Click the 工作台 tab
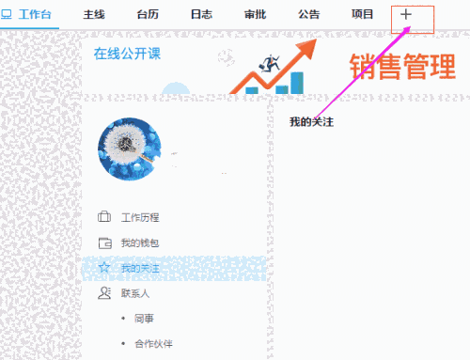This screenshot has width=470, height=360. [x=29, y=14]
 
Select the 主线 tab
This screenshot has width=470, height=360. [x=94, y=14]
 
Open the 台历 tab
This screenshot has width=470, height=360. [x=148, y=14]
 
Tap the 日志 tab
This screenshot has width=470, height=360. [x=201, y=14]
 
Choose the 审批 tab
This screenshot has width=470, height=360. [x=255, y=14]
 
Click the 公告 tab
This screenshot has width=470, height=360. [x=308, y=14]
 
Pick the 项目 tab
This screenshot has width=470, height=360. [x=362, y=14]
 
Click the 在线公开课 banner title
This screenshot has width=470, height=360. [x=127, y=54]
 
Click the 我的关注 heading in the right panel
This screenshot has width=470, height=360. [x=311, y=122]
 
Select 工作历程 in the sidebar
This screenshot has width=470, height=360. [x=139, y=217]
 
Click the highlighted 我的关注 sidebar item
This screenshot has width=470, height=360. [x=139, y=268]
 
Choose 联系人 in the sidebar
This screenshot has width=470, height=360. [x=134, y=294]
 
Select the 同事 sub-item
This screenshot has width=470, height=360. [x=144, y=320]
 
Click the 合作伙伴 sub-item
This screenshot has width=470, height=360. [x=153, y=344]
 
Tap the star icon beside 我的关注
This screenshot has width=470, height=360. [x=104, y=268]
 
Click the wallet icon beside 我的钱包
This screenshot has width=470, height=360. [x=104, y=243]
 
